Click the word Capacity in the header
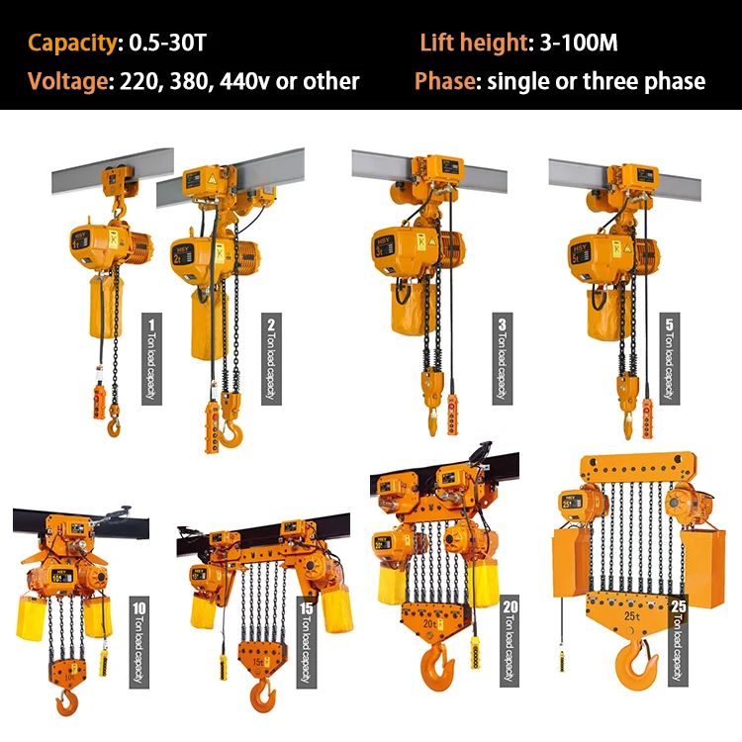pyautogui.click(x=70, y=43)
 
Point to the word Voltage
pyautogui.click(x=66, y=81)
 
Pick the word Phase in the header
pyautogui.click(x=444, y=81)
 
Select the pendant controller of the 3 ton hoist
pyautogui.click(x=453, y=414)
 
